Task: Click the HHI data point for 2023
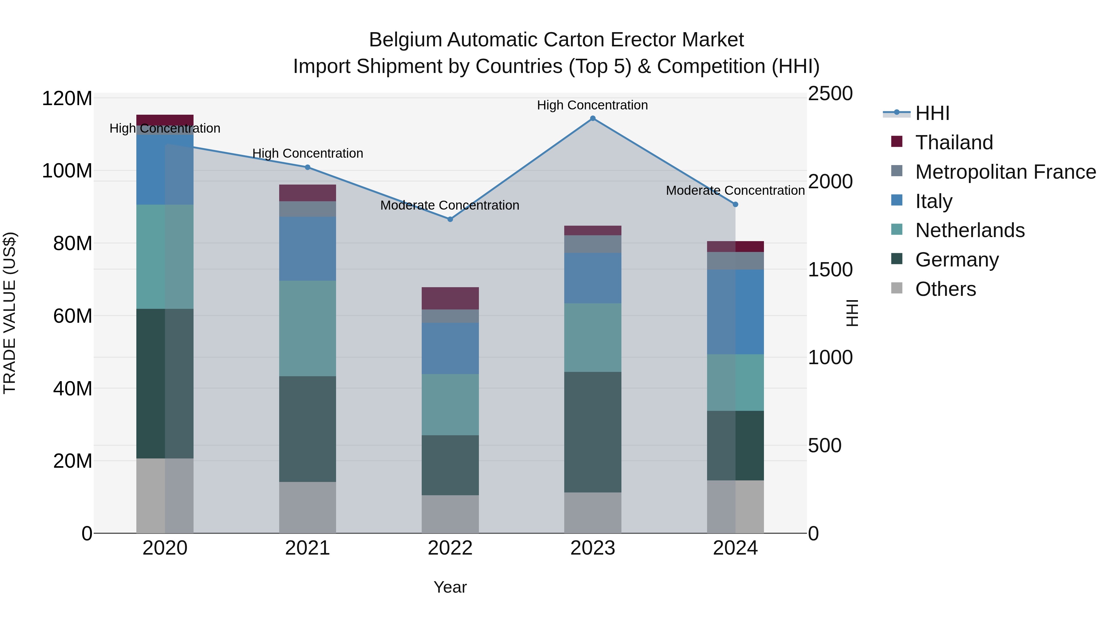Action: pyautogui.click(x=593, y=118)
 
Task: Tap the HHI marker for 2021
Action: pyautogui.click(x=308, y=167)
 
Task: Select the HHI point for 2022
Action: pyautogui.click(x=450, y=219)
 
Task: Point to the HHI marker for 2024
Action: pyautogui.click(x=736, y=204)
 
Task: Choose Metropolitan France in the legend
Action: pyautogui.click(x=1005, y=172)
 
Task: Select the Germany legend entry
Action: pyautogui.click(x=957, y=260)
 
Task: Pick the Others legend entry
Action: pyautogui.click(x=945, y=289)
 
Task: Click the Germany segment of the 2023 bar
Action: pyautogui.click(x=593, y=432)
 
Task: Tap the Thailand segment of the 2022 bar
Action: pyautogui.click(x=450, y=298)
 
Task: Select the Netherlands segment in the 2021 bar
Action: pyautogui.click(x=308, y=328)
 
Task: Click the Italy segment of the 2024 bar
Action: pyautogui.click(x=736, y=312)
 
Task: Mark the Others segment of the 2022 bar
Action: pyautogui.click(x=450, y=514)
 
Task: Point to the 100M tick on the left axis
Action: pyautogui.click(x=67, y=171)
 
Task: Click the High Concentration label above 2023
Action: pyautogui.click(x=592, y=105)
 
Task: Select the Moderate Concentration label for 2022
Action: pyautogui.click(x=450, y=206)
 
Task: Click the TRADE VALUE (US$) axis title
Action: pyautogui.click(x=10, y=313)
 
